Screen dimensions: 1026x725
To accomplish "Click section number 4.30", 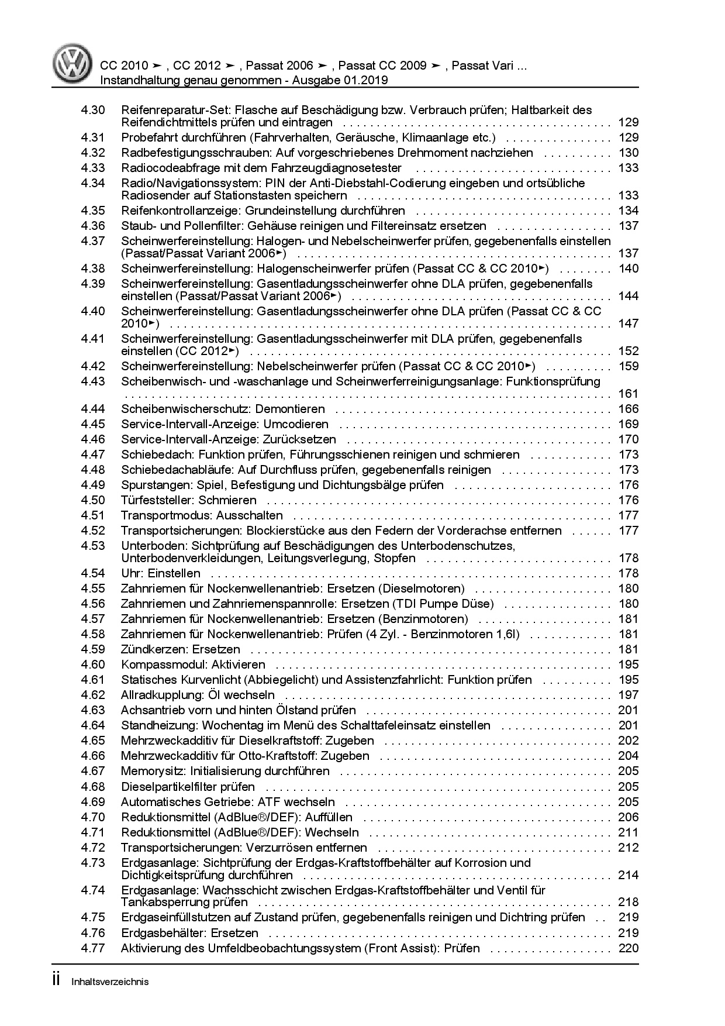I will pos(93,110).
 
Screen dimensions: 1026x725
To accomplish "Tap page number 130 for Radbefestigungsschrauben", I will pos(628,153).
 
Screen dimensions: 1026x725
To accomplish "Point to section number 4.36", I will pos(93,226).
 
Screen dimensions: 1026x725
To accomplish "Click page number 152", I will pos(628,351).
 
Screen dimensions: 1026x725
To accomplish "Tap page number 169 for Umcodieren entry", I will pos(628,424).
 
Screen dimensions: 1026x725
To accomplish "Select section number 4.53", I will pos(93,546).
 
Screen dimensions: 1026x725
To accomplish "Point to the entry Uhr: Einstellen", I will pos(160,573).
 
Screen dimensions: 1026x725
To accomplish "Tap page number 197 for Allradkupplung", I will pos(628,695).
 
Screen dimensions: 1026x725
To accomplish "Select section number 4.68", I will pos(93,787).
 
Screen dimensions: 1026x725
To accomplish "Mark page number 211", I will pos(628,832).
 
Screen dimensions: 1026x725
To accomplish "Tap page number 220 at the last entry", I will pos(628,948).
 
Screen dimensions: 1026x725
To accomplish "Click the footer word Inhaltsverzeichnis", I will pos(110,982).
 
